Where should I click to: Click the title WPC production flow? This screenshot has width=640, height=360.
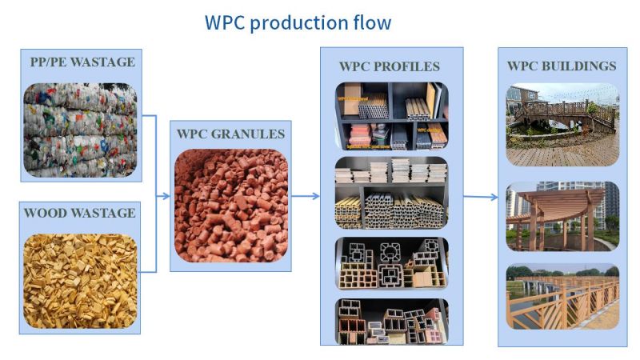(298, 22)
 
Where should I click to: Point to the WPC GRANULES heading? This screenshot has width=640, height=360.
(230, 134)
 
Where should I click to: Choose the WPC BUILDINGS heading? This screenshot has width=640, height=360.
(562, 66)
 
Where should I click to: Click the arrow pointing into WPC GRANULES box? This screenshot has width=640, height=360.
(163, 195)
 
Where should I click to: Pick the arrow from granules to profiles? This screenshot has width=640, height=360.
(305, 195)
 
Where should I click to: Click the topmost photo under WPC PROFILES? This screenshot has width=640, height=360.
(391, 116)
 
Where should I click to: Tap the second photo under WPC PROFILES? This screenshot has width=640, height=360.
(391, 192)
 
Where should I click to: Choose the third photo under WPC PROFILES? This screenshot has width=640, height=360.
(391, 262)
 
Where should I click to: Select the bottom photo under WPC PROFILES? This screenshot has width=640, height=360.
(391, 320)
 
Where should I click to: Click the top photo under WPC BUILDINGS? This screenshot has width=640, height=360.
(562, 124)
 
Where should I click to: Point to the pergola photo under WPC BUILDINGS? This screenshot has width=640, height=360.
(562, 217)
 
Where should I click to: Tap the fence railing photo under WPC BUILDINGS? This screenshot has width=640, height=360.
(562, 297)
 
